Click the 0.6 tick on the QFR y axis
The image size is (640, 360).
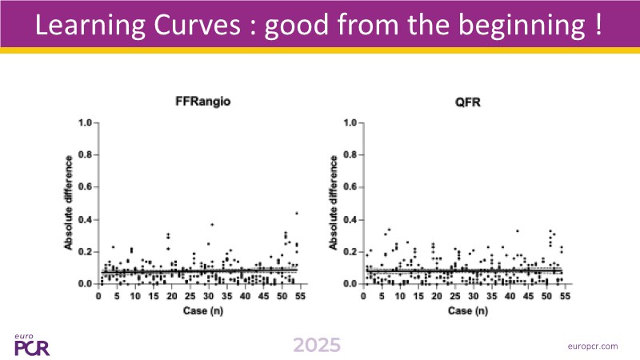pyautogui.click(x=350, y=187)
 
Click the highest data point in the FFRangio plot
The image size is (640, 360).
pyautogui.click(x=297, y=213)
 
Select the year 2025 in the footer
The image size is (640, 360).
pyautogui.click(x=316, y=346)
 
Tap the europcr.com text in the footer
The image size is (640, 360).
pyautogui.click(x=591, y=346)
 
